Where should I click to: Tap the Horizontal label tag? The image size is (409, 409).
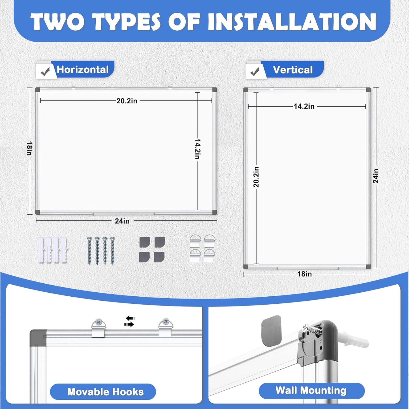click(x=83, y=70)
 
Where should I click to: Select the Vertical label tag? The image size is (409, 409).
click(x=293, y=70)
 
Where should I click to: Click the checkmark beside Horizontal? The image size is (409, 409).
click(x=45, y=72)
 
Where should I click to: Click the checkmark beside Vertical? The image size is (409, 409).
click(x=255, y=72)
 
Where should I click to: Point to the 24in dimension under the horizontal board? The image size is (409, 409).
click(x=122, y=221)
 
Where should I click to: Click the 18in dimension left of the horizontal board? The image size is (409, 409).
click(x=29, y=148)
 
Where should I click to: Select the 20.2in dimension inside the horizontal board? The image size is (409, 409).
click(x=127, y=101)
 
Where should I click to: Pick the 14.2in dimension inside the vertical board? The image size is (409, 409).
click(x=304, y=106)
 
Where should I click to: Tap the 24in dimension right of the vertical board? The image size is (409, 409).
click(x=376, y=176)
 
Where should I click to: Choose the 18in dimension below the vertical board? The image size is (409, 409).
click(x=305, y=274)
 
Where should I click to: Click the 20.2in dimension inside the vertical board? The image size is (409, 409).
click(x=256, y=177)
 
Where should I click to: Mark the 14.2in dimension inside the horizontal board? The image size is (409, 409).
click(x=198, y=149)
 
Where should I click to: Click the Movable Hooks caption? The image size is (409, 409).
click(x=105, y=392)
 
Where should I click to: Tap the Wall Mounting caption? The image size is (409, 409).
click(x=311, y=391)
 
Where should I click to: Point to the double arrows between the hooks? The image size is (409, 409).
click(x=130, y=321)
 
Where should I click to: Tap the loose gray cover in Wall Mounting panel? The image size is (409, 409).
click(x=271, y=331)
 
